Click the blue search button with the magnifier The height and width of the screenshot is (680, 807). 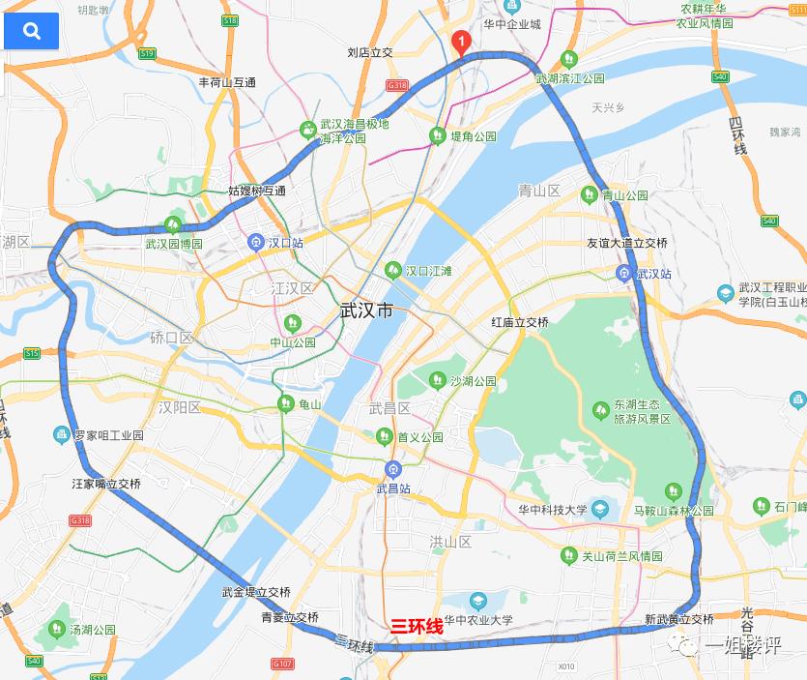(x=32, y=31)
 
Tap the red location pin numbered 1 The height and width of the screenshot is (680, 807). (x=462, y=43)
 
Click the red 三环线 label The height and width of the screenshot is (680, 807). (x=417, y=627)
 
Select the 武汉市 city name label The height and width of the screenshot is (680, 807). (x=367, y=310)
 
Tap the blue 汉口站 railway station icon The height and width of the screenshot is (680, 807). (x=256, y=242)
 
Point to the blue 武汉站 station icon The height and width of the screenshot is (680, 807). (x=625, y=274)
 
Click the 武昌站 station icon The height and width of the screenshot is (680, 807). (x=391, y=471)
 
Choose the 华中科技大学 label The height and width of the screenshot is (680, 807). (x=546, y=509)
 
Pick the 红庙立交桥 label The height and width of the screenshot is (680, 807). (x=519, y=322)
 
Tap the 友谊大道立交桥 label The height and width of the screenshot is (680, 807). (x=627, y=243)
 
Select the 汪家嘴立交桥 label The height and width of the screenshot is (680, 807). (x=106, y=483)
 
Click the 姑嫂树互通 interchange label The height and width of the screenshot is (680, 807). (x=256, y=191)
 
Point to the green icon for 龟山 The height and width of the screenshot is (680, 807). (x=285, y=403)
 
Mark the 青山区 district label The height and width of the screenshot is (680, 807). (x=539, y=191)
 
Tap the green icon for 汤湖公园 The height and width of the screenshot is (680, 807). (x=56, y=630)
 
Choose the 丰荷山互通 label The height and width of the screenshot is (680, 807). (x=227, y=83)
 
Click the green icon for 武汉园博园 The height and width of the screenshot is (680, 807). (x=173, y=226)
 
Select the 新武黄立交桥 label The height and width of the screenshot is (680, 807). (x=678, y=619)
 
